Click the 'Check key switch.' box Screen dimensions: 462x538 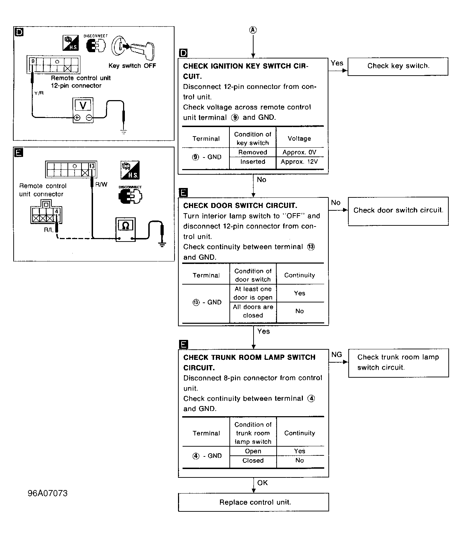pyautogui.click(x=398, y=67)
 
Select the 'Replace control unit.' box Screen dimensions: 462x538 pyautogui.click(x=253, y=502)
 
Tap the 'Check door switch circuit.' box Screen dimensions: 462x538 pyautogui.click(x=398, y=211)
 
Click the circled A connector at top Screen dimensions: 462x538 pyautogui.click(x=253, y=30)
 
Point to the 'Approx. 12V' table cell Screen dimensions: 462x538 pyautogui.click(x=299, y=162)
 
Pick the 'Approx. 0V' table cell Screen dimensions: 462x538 pyautogui.click(x=299, y=152)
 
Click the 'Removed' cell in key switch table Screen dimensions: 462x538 pyautogui.click(x=253, y=152)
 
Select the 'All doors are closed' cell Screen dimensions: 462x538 pyautogui.click(x=253, y=311)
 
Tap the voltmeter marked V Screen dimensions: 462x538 pyautogui.click(x=83, y=110)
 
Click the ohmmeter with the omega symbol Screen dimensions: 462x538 pyautogui.click(x=126, y=229)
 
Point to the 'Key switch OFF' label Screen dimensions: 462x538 pyautogui.click(x=132, y=65)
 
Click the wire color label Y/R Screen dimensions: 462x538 pyautogui.click(x=39, y=93)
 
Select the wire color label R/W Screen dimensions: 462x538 pyautogui.click(x=101, y=184)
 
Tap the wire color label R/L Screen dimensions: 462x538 pyautogui.click(x=49, y=230)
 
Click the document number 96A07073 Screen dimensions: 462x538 pyautogui.click(x=48, y=493)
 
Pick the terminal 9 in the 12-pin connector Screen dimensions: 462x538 pyautogui.click(x=33, y=61)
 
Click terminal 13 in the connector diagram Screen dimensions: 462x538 pyautogui.click(x=92, y=166)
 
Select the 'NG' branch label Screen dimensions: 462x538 pyautogui.click(x=336, y=355)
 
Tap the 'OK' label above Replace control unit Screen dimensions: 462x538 pyautogui.click(x=263, y=483)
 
